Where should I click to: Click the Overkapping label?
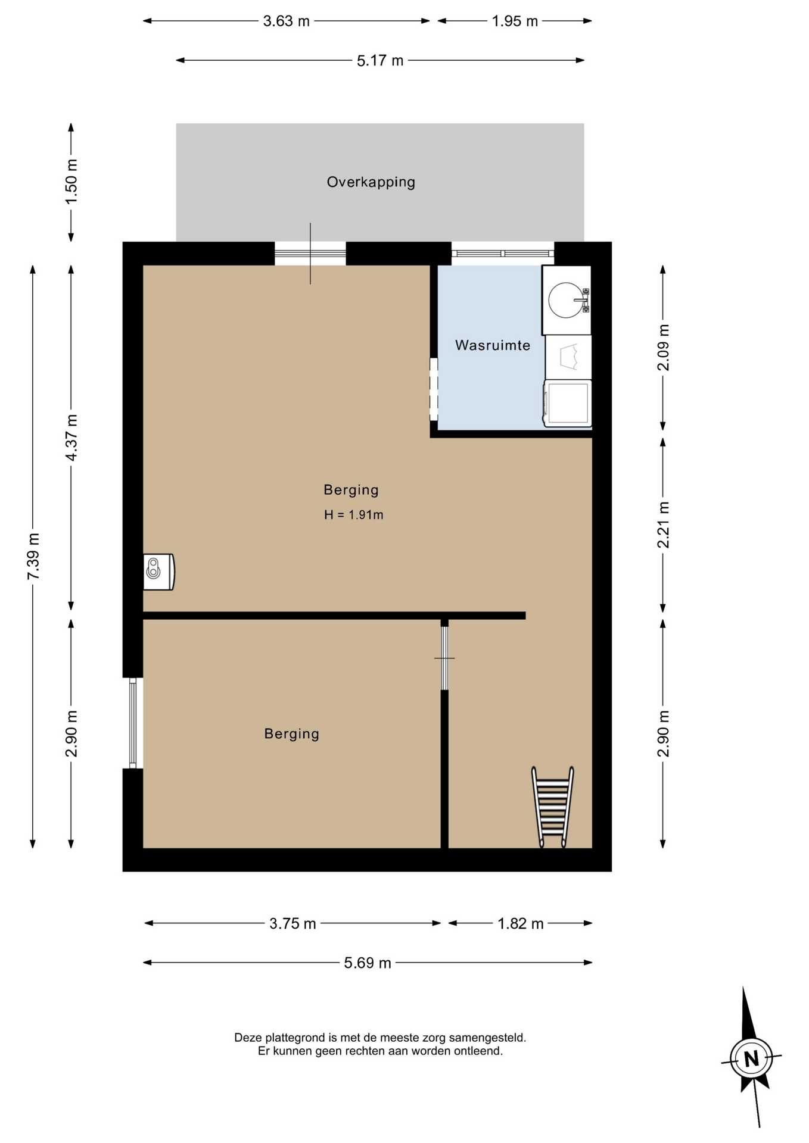coord(371,182)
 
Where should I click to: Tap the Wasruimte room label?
coord(493,345)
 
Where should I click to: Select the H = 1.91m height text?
coord(353,515)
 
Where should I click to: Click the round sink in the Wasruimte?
coord(567,300)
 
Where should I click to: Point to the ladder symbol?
coord(552,807)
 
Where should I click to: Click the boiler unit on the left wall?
coord(158,572)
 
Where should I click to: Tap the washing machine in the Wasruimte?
coord(567,404)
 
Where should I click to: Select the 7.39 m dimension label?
coord(33,556)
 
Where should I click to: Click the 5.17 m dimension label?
coord(380,61)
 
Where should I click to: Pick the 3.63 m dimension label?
coord(287,21)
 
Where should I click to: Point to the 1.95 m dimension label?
coord(515,21)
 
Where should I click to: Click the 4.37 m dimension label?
coord(71,438)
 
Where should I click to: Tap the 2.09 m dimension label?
coord(663,348)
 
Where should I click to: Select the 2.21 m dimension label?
coord(663,525)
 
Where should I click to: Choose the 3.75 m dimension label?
coord(293,924)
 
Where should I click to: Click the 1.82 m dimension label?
coord(521,924)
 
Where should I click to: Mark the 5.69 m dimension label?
coord(368,963)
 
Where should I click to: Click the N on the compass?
coord(751,1059)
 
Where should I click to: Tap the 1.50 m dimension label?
coord(71,182)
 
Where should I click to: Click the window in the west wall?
coord(133,723)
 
